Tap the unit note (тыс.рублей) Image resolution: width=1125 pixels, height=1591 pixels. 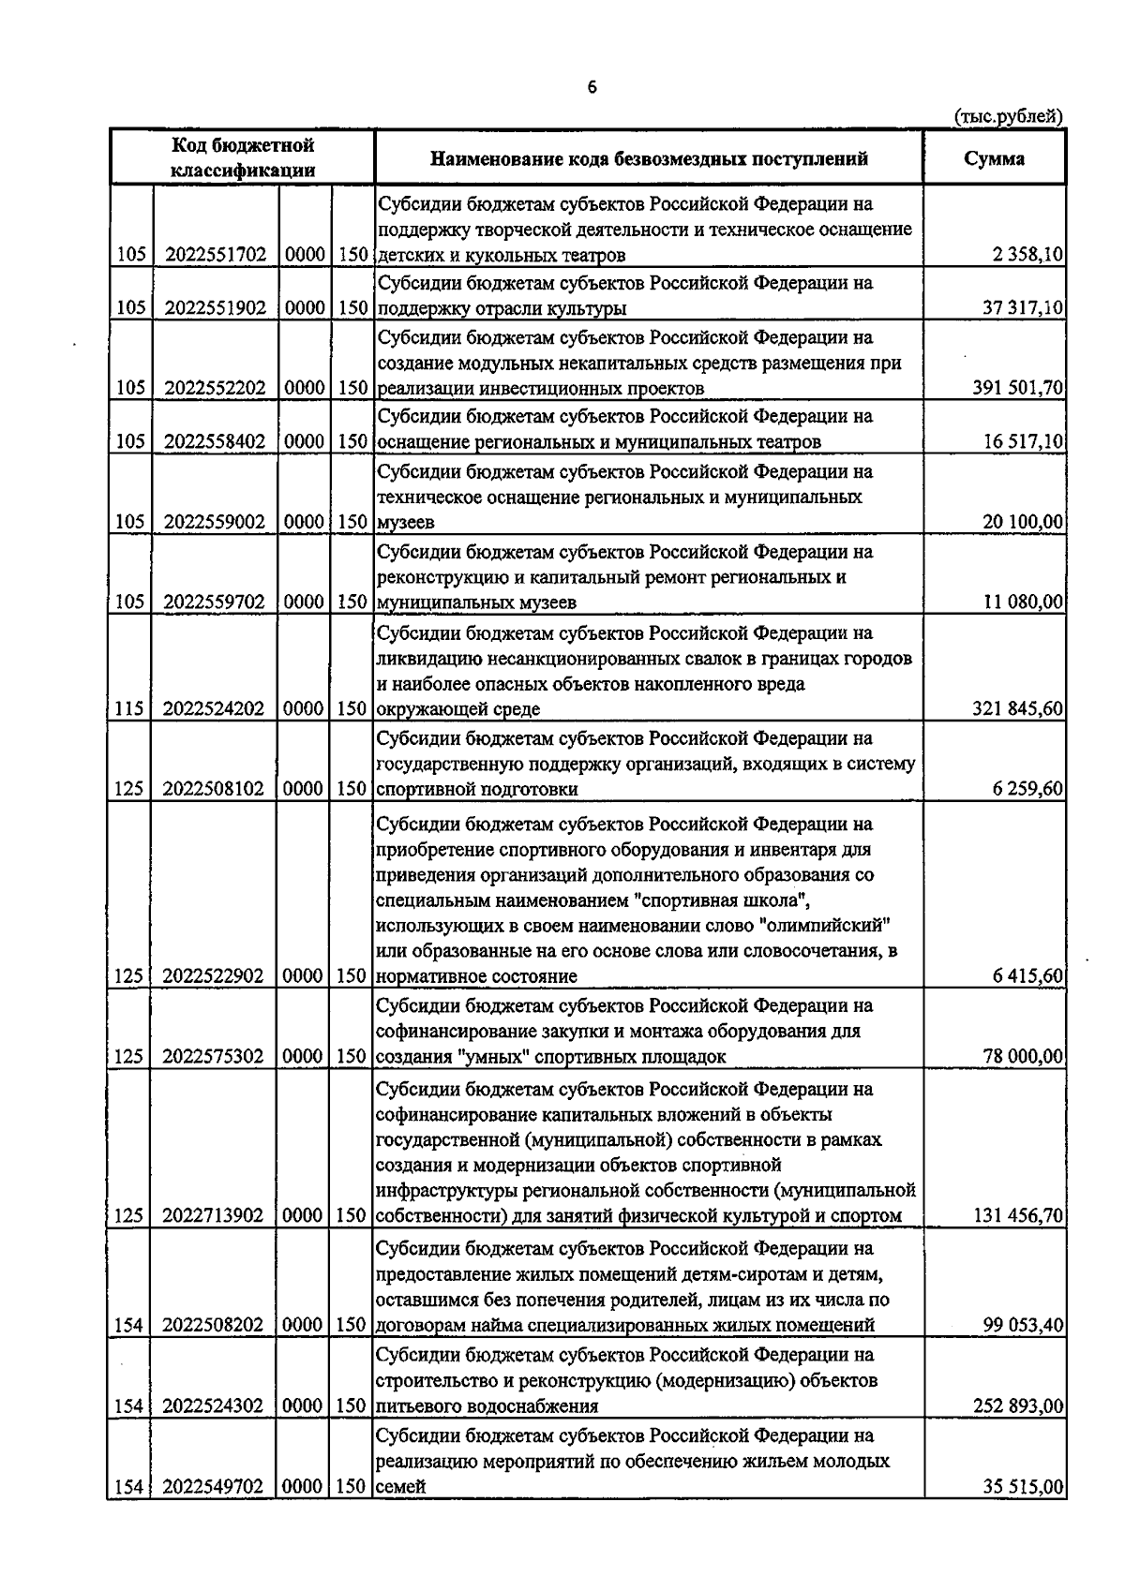coord(1008,116)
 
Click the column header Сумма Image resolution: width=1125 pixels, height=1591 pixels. coord(994,158)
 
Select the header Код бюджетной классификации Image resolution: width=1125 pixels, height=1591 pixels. coord(242,157)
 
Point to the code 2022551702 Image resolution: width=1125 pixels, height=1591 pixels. coord(215,255)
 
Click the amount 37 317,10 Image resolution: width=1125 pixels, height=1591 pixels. coord(1023,308)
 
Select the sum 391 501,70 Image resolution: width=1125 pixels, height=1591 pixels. coord(1017,388)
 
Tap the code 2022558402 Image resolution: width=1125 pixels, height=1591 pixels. coord(215,441)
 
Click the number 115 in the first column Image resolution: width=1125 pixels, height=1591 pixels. coord(128,708)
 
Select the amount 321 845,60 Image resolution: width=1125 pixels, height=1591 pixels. coord(1017,708)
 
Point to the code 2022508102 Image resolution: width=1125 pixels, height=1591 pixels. coord(215,789)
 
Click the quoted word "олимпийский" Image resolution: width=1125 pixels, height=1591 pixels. coord(828,926)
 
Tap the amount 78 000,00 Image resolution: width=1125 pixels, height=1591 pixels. coord(1023,1056)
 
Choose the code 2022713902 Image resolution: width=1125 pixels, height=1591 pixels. coord(215,1216)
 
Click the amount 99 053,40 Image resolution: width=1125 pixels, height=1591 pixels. coord(1023,1325)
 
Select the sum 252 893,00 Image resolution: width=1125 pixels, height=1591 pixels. coord(1017,1405)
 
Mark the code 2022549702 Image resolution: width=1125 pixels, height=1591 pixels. coord(215,1486)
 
